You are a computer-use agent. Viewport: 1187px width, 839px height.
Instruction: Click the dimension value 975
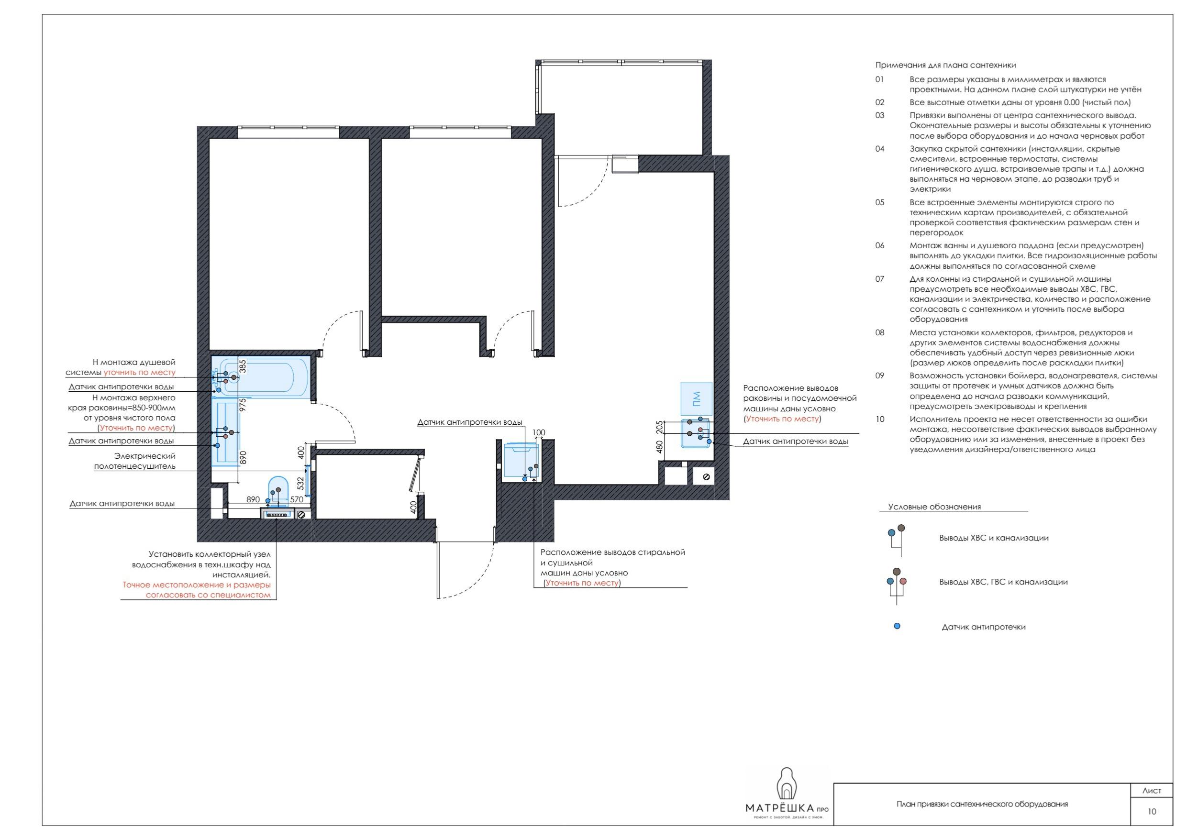(x=243, y=404)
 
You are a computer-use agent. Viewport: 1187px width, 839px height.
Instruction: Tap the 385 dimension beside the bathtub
(x=243, y=366)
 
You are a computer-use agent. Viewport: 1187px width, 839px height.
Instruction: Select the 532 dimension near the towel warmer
(x=301, y=483)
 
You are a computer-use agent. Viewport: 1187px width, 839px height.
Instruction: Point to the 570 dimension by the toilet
(x=297, y=499)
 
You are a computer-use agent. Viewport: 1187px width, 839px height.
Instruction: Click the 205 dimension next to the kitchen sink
(x=659, y=428)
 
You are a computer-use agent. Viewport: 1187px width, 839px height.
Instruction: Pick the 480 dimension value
(x=659, y=447)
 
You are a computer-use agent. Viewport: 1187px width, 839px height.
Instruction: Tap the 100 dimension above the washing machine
(x=539, y=433)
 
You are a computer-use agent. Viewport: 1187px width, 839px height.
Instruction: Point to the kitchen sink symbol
(x=695, y=433)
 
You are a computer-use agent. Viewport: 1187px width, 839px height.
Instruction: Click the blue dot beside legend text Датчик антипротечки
(x=897, y=626)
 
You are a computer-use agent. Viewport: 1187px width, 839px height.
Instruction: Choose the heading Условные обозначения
(x=934, y=507)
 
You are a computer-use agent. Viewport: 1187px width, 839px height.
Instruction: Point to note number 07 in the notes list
(x=880, y=279)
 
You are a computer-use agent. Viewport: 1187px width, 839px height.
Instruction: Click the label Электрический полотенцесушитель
(x=135, y=461)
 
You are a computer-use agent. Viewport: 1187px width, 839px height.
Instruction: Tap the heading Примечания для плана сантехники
(x=945, y=65)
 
